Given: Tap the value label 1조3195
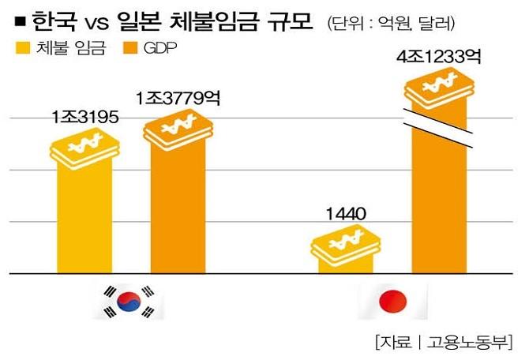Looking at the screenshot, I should coord(84,118).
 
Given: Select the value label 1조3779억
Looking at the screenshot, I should coord(178,99).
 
